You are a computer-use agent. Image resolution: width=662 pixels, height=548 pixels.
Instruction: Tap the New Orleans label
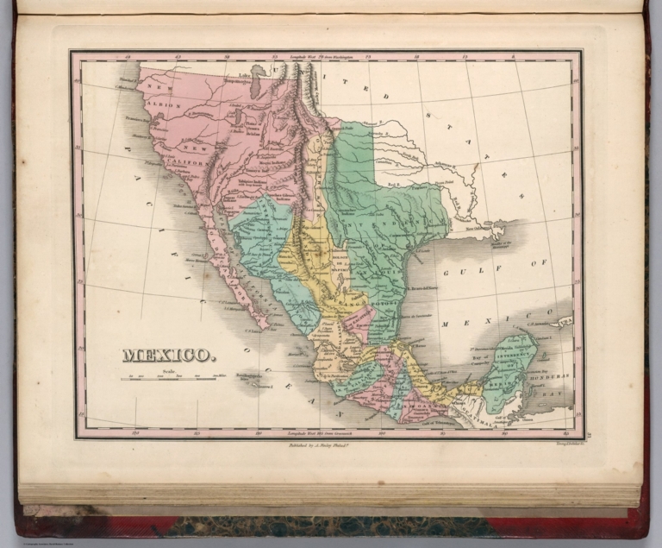[473, 228]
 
